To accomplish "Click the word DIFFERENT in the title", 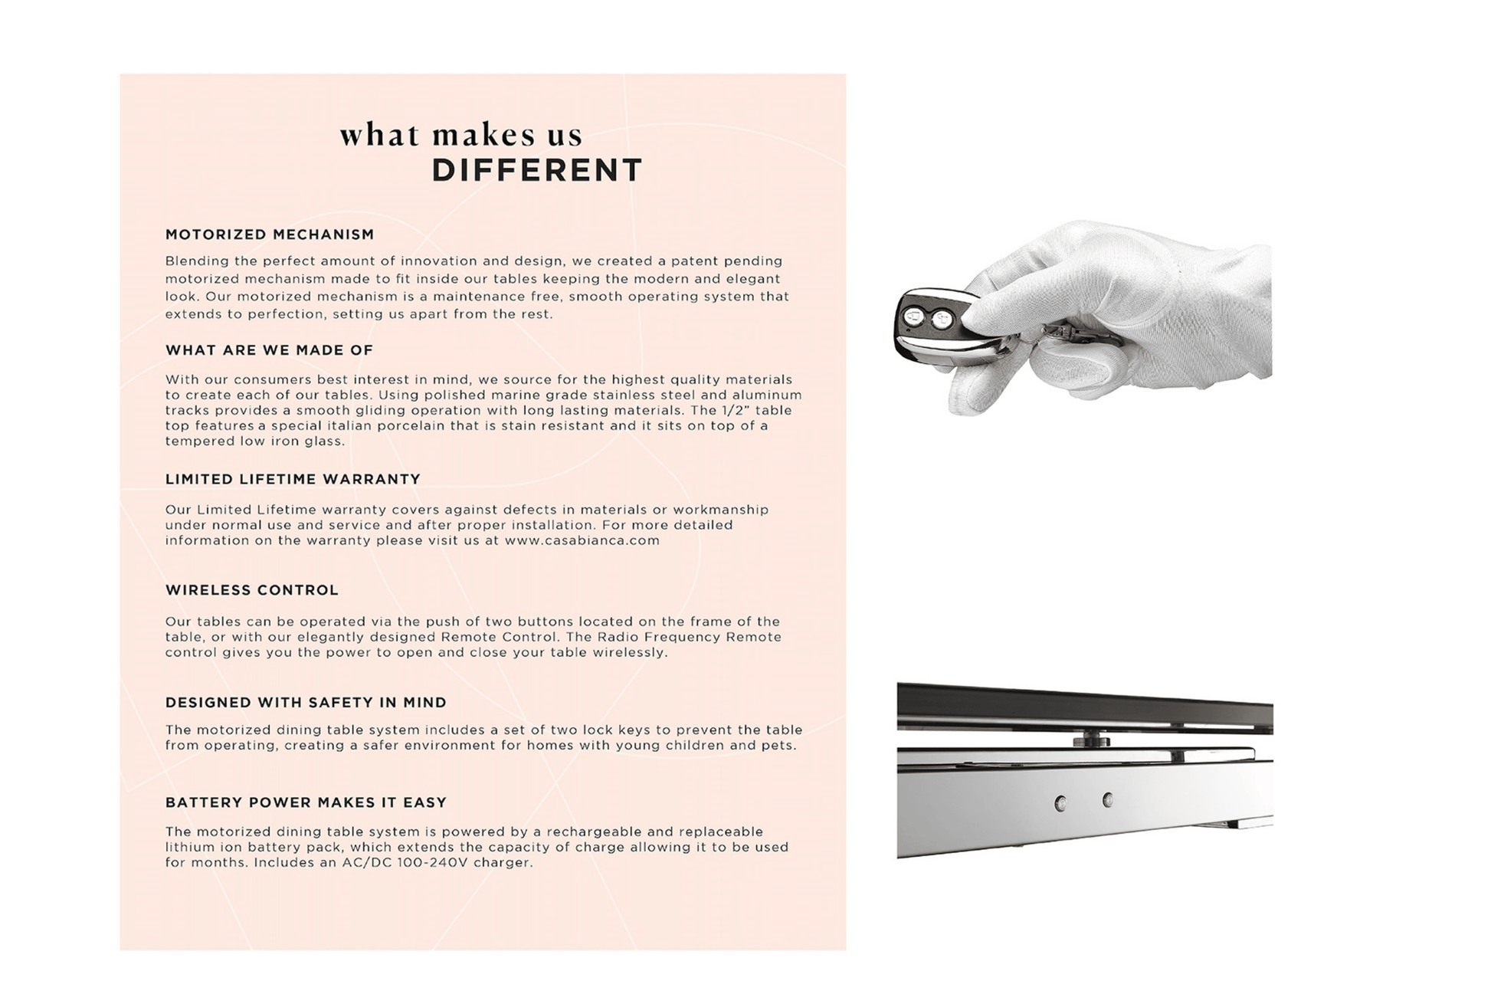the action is coord(537,170).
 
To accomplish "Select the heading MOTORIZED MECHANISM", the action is coord(270,235).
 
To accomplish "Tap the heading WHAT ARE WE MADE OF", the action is coord(269,350).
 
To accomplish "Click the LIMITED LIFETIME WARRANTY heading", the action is coord(293,479).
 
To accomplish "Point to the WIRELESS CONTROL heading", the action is coord(252,590).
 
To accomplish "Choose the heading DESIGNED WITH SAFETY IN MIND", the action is coord(306,703).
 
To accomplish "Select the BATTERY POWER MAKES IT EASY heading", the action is coord(306,802).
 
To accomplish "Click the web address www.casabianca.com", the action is coord(582,540).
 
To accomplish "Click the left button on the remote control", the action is coord(913,316).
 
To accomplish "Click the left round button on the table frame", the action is coord(1060,803).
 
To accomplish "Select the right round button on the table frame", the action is coord(1107,799).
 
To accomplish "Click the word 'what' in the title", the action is coord(379,135).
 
